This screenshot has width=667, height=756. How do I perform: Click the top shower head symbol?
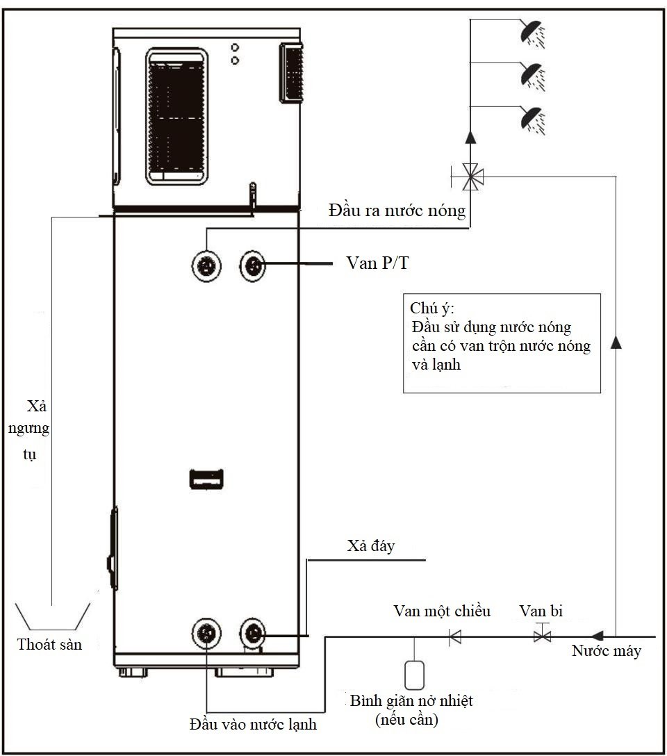pos(533,33)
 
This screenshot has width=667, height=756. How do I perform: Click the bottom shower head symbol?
pos(533,120)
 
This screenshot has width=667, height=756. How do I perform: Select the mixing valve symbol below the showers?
pos(470,177)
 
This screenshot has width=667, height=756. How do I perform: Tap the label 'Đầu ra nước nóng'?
pos(397,211)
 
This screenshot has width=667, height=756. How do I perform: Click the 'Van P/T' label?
pos(377,263)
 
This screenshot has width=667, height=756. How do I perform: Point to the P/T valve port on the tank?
pos(253,265)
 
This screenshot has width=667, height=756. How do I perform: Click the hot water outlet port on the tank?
pos(206,265)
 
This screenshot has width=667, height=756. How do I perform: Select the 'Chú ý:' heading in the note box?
pos(432,309)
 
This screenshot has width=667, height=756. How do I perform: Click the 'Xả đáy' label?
pos(370,545)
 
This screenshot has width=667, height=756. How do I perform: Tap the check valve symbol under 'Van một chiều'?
pos(455,637)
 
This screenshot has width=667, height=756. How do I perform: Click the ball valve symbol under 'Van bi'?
pos(543,634)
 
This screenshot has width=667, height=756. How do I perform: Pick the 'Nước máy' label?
pos(607,651)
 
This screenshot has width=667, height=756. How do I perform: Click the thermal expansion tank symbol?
pos(415,675)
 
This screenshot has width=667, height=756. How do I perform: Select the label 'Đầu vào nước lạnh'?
pos(253,724)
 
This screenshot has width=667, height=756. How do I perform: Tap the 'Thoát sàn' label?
pos(49,645)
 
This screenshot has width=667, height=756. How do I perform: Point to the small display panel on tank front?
pos(206,479)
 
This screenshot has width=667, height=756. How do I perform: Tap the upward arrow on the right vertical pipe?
pos(616,343)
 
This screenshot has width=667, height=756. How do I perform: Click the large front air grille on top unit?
pos(177,116)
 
